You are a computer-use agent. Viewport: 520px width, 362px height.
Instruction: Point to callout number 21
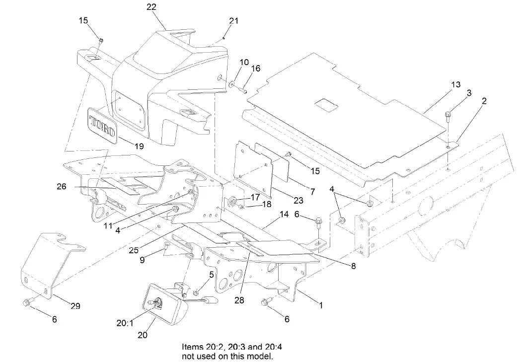[234, 21]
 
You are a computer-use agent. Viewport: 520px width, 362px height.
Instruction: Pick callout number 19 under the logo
[139, 147]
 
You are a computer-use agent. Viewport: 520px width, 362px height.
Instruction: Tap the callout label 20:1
[125, 323]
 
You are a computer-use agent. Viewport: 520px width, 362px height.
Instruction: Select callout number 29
[75, 306]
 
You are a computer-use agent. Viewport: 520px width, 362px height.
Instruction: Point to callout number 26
[61, 187]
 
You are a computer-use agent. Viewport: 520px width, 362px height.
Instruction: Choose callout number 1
[321, 306]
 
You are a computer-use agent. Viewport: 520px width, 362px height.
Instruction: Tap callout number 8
[353, 266]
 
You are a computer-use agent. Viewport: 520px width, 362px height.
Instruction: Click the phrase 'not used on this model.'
[228, 357]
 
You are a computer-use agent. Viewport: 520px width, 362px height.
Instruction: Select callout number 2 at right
[484, 101]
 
